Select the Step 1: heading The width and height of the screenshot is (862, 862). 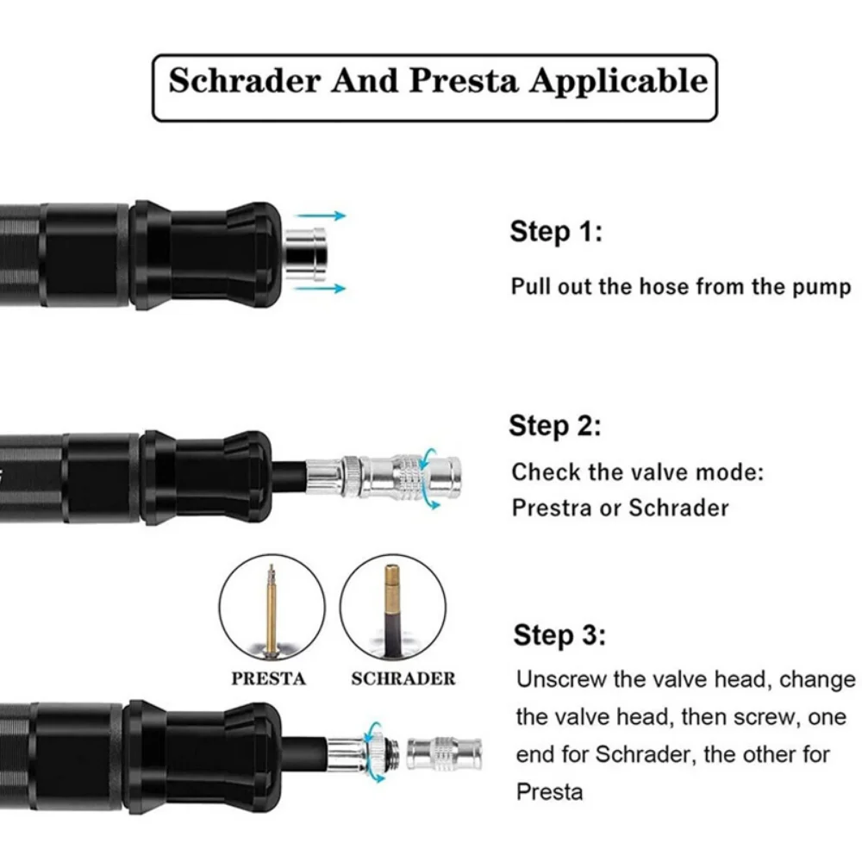point(556,232)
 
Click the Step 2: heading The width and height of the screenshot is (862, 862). point(554,426)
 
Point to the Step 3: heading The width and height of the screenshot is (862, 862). point(559,636)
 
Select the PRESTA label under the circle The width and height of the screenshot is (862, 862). point(268,678)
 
